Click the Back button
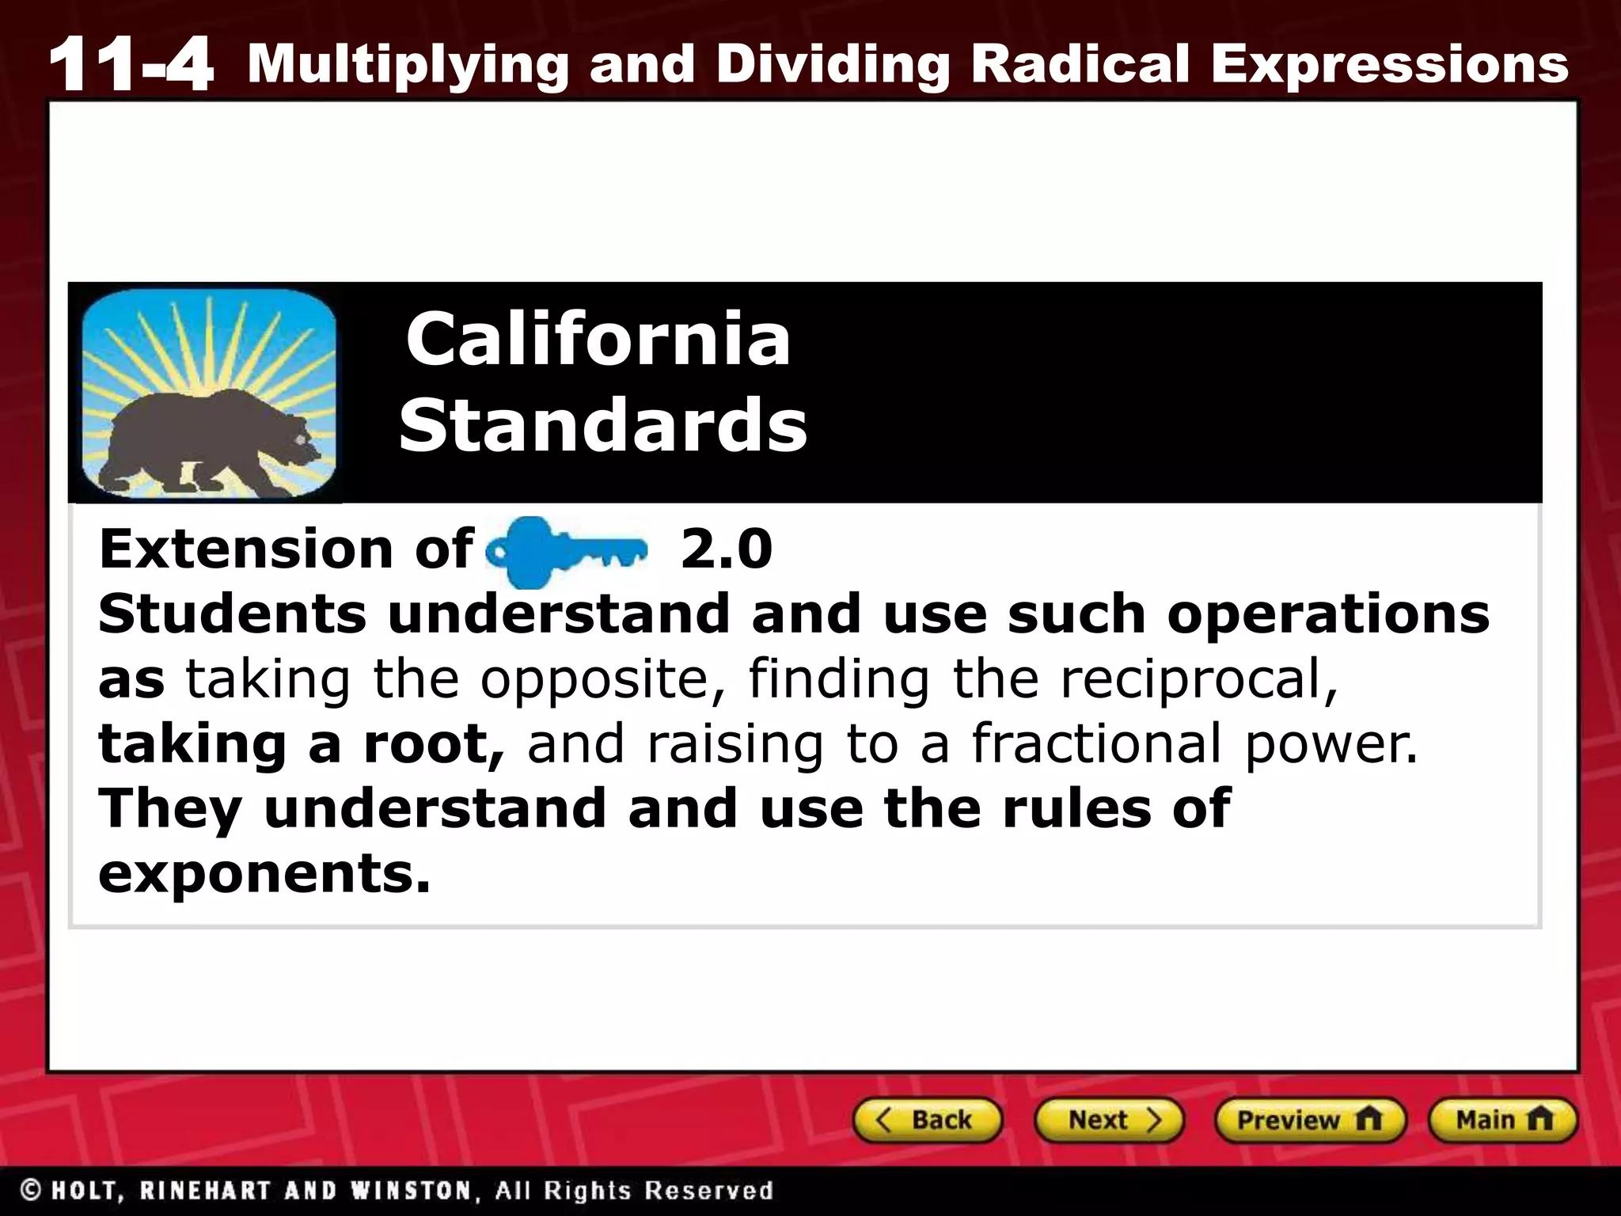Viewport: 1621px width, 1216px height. coord(927,1120)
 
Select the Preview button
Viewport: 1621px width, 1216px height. coord(1310,1120)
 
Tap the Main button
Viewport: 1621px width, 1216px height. coord(1502,1120)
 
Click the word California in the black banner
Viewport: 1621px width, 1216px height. coord(598,339)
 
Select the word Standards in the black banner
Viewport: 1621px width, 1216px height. coord(603,425)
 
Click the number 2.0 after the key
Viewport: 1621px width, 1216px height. coord(726,549)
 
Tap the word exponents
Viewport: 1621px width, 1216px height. coord(264,875)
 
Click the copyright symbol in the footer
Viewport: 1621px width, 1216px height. coord(31,1190)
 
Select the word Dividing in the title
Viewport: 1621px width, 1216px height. coord(833,65)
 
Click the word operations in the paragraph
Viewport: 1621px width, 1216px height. coord(1328,615)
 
